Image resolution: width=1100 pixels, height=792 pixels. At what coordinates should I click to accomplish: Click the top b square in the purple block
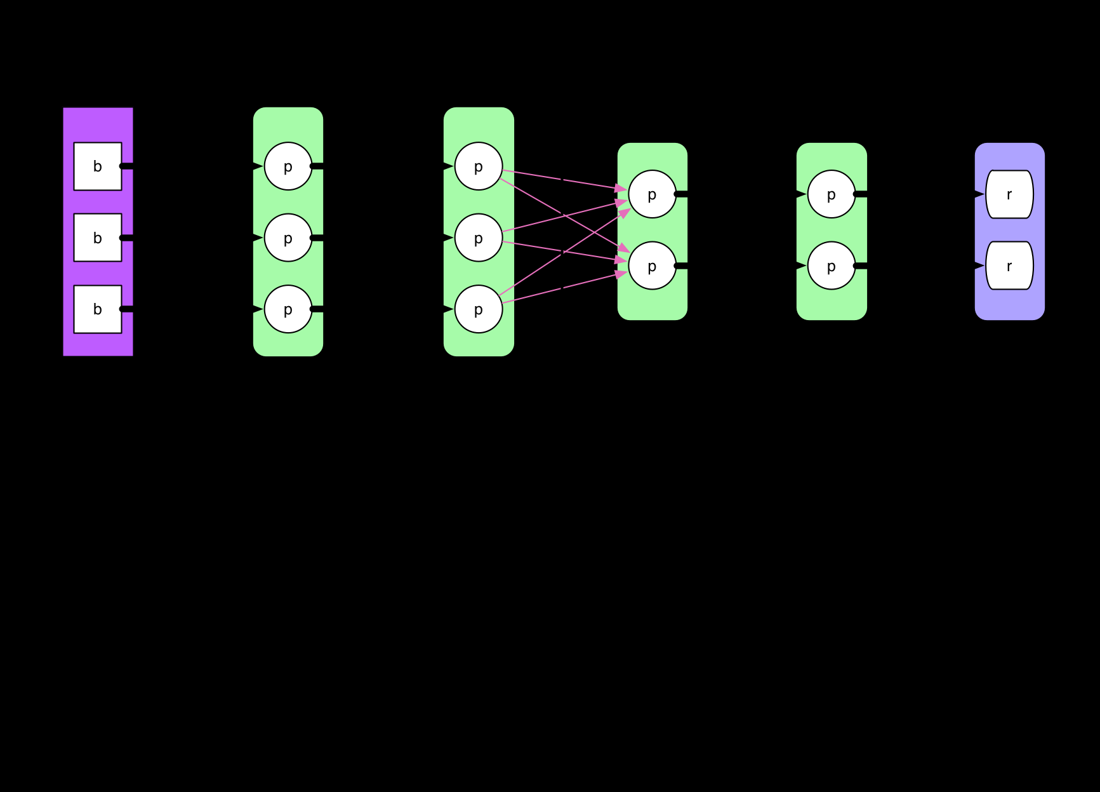(98, 166)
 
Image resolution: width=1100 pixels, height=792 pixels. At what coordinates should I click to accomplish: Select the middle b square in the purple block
(98, 238)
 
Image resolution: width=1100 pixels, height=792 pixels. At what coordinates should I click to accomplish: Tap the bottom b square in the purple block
(98, 309)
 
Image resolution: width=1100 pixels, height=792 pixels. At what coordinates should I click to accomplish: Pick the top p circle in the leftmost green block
(288, 166)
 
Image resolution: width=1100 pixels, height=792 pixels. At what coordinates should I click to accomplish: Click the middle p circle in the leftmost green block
(288, 238)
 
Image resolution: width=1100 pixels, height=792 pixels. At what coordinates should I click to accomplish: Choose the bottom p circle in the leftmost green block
(288, 309)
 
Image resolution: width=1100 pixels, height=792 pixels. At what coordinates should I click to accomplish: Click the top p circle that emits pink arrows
(479, 166)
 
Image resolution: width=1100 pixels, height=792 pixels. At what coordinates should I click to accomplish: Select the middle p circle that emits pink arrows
(479, 238)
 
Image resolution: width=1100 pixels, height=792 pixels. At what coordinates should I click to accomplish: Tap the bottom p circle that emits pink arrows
(479, 309)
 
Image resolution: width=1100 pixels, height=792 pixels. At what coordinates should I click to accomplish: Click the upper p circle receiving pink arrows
(653, 194)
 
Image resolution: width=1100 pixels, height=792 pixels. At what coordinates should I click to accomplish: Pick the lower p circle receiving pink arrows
(653, 265)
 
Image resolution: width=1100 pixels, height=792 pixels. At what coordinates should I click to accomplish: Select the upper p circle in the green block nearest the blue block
(832, 194)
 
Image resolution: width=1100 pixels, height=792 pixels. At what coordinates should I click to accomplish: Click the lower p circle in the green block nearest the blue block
(832, 265)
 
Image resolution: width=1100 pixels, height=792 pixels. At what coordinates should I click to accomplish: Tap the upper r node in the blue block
(1009, 194)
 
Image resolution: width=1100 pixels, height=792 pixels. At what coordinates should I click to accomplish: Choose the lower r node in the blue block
(1009, 265)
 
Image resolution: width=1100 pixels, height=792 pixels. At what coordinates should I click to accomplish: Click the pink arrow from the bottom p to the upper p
(564, 253)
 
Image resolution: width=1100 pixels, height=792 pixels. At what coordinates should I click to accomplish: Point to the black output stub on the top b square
(127, 166)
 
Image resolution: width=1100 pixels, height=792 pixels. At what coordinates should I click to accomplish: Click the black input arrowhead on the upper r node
(979, 194)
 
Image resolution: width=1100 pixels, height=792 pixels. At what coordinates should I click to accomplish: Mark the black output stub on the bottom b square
(127, 309)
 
